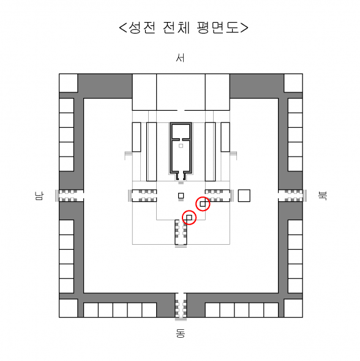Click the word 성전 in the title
pos(142,28)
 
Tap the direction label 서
pos(180,58)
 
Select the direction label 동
pos(181,333)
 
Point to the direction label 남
pos(39,196)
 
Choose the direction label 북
pos(322,196)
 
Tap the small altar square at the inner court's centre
pos(181,196)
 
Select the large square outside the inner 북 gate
pos(244,196)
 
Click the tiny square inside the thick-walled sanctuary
pos(181,146)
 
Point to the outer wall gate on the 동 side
pos(181,305)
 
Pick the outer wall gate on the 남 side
pos(71,196)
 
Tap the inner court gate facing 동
pos(181,232)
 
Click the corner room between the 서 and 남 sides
pos(68,83)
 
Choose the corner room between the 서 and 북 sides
pos(293,83)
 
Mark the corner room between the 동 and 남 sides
pos(68,308)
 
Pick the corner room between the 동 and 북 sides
pos(293,308)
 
